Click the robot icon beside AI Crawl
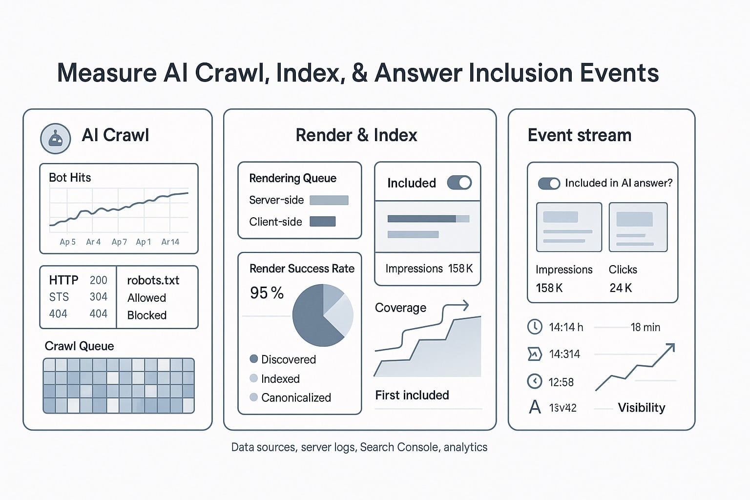[x=56, y=139]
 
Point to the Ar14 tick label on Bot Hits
[x=170, y=242]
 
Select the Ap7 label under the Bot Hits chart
[x=119, y=242]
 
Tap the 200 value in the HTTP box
[x=98, y=280]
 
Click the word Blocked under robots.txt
[x=147, y=315]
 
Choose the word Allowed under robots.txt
[x=146, y=298]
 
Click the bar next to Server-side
[x=329, y=200]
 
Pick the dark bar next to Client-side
[x=323, y=222]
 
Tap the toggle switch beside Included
[x=459, y=183]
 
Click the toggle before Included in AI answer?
[x=549, y=184]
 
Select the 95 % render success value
[x=267, y=293]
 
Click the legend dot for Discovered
[x=253, y=359]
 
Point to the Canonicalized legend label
[x=296, y=397]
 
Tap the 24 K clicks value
[x=621, y=288]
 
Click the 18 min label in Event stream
[x=645, y=327]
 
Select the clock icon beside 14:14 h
[x=535, y=327]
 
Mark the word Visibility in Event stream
[x=641, y=408]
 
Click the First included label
[x=412, y=395]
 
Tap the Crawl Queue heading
[x=79, y=346]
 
